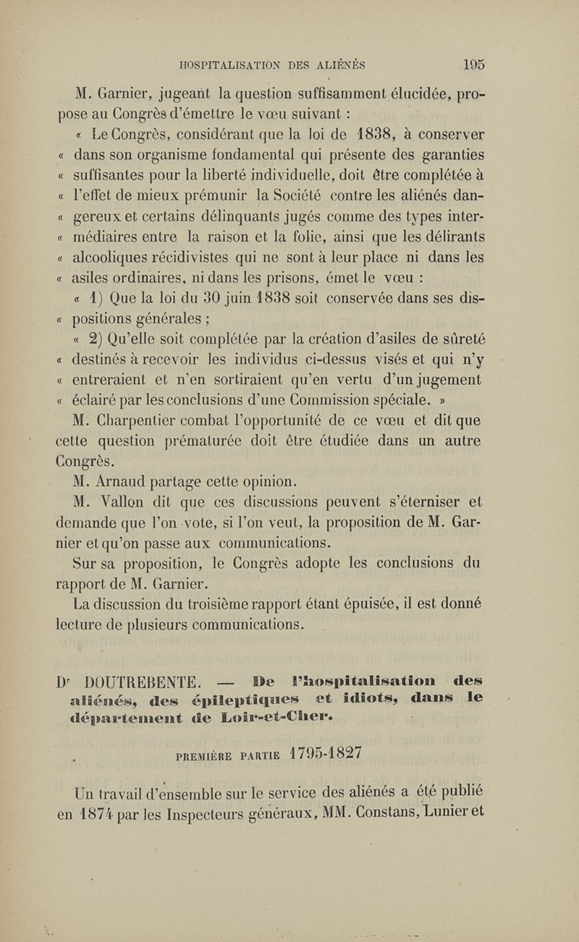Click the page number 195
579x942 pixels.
pos(474,64)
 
